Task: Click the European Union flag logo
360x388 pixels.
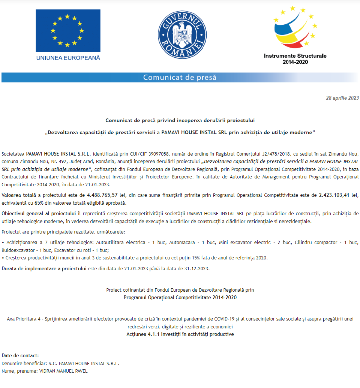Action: pyautogui.click(x=68, y=31)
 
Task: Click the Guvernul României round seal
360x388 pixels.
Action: pyautogui.click(x=182, y=35)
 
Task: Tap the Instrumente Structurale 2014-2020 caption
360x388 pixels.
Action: pyautogui.click(x=295, y=58)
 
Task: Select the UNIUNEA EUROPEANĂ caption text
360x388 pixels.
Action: pyautogui.click(x=68, y=58)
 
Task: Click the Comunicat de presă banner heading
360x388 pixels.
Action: pyautogui.click(x=180, y=78)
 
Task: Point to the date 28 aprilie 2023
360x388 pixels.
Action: pyautogui.click(x=342, y=98)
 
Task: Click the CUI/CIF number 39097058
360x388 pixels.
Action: pyautogui.click(x=159, y=154)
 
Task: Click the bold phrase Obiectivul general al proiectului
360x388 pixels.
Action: pyautogui.click(x=39, y=213)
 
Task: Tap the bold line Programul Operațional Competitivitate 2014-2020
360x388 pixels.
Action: pyautogui.click(x=180, y=297)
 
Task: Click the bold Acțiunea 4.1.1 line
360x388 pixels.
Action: pyautogui.click(x=180, y=334)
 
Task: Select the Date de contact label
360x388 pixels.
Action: pyautogui.click(x=20, y=355)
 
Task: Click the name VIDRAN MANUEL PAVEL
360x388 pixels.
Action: pyautogui.click(x=63, y=371)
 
